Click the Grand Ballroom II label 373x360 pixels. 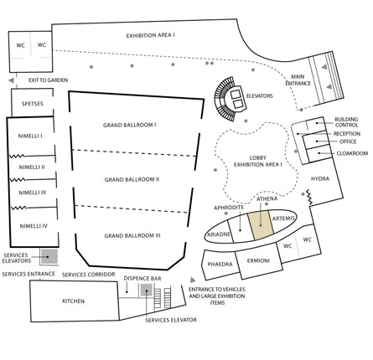[x=132, y=179]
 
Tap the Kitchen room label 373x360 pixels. [x=73, y=301]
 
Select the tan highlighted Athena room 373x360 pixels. [x=261, y=225]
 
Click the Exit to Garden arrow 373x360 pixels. [x=11, y=80]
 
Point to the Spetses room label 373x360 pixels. [x=33, y=104]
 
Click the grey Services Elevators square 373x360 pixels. [x=49, y=257]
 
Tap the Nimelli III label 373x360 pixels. [x=32, y=193]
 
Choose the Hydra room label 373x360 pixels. [x=320, y=178]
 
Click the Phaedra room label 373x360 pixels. [x=220, y=264]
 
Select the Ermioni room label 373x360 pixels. [x=258, y=261]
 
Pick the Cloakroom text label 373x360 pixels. [x=352, y=153]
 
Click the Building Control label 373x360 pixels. [x=346, y=122]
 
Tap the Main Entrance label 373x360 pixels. [x=298, y=80]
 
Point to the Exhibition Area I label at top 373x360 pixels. [x=151, y=36]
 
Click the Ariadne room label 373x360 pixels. [x=219, y=234]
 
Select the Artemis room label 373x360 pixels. [x=283, y=219]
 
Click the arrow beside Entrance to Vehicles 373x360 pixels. [x=193, y=280]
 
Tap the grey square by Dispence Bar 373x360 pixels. [x=147, y=290]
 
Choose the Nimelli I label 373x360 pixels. [x=30, y=136]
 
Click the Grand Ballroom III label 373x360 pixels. [x=132, y=236]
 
